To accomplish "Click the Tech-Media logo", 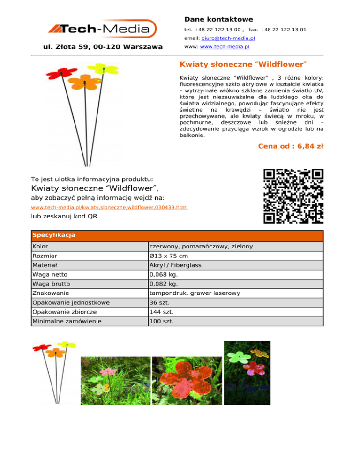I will coord(102,29).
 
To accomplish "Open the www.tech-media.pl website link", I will coord(225,47).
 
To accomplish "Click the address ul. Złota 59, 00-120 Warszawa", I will coord(103,47).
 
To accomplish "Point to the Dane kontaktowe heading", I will coord(218,19).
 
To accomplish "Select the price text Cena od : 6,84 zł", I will coord(291,146).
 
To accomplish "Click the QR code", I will coord(293,196).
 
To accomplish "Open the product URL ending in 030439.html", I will coord(109,207).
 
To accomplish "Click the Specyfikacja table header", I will coord(48,235).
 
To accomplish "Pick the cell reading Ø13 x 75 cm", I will coord(169,256).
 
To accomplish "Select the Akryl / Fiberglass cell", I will coord(175,265).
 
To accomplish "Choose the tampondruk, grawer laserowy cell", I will coord(194,293).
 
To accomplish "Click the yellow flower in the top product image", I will coord(103,69).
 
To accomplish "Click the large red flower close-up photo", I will coord(187,380).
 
